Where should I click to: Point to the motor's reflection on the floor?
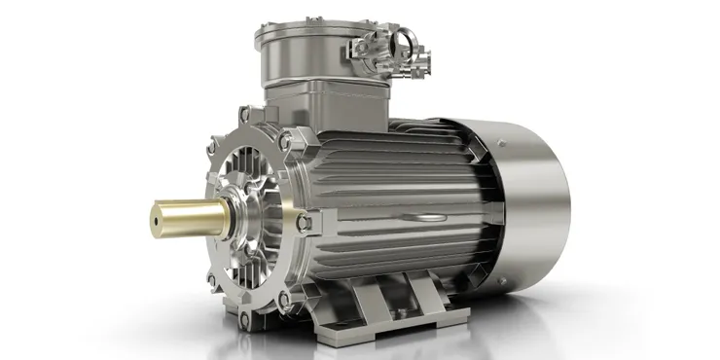389,341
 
